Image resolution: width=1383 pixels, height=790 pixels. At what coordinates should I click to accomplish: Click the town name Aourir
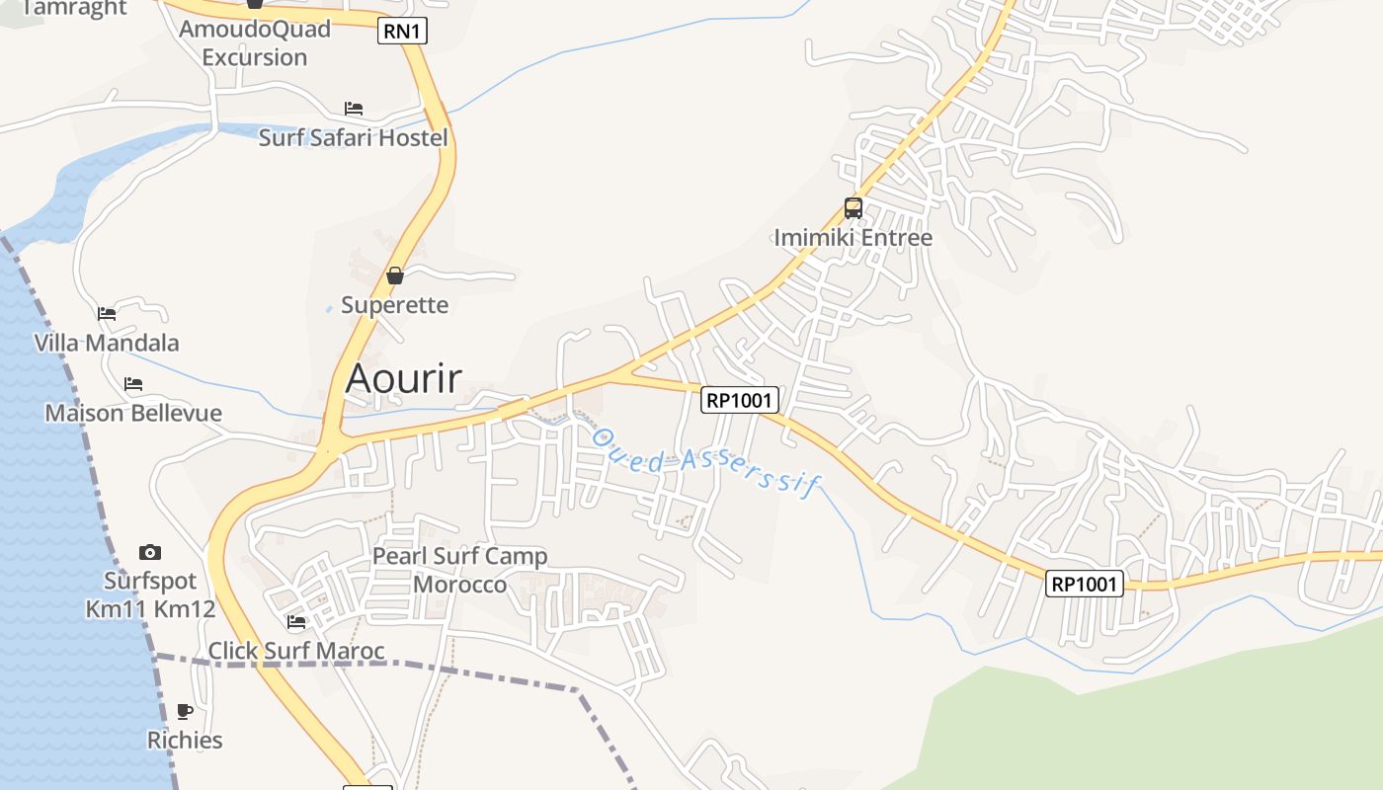[403, 378]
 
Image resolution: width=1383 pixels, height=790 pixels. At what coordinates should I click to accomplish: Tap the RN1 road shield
[402, 32]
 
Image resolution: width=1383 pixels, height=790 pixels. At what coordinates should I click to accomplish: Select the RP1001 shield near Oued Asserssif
[740, 400]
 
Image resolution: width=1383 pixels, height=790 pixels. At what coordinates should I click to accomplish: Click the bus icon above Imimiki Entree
[854, 208]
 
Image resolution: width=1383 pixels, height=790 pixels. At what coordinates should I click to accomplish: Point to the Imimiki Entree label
[853, 238]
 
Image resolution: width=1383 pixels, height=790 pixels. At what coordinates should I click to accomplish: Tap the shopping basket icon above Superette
[395, 276]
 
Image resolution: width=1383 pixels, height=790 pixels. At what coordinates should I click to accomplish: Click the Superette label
[394, 305]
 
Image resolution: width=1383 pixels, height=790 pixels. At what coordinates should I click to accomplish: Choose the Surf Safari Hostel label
[353, 137]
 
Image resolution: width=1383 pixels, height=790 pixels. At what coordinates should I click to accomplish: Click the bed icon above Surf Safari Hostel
[354, 108]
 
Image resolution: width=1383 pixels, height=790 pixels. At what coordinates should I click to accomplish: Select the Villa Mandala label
[107, 343]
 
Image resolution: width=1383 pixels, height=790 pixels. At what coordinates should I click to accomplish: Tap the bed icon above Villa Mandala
[107, 314]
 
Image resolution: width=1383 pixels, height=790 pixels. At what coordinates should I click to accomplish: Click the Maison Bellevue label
[133, 413]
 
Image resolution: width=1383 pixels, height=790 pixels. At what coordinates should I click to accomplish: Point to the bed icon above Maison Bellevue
[133, 383]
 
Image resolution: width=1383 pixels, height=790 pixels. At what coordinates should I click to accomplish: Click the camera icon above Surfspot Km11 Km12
[150, 552]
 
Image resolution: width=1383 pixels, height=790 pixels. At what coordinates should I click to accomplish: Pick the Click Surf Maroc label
[296, 651]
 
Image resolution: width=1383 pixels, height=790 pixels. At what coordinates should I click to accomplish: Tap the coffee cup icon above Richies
[185, 711]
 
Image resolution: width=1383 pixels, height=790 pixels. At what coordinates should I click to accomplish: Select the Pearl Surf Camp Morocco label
[459, 570]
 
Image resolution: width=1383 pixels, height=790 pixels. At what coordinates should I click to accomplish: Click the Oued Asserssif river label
[705, 462]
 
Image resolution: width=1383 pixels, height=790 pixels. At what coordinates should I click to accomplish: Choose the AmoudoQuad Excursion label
[255, 42]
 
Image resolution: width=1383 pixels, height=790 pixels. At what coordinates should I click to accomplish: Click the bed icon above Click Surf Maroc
[296, 622]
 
